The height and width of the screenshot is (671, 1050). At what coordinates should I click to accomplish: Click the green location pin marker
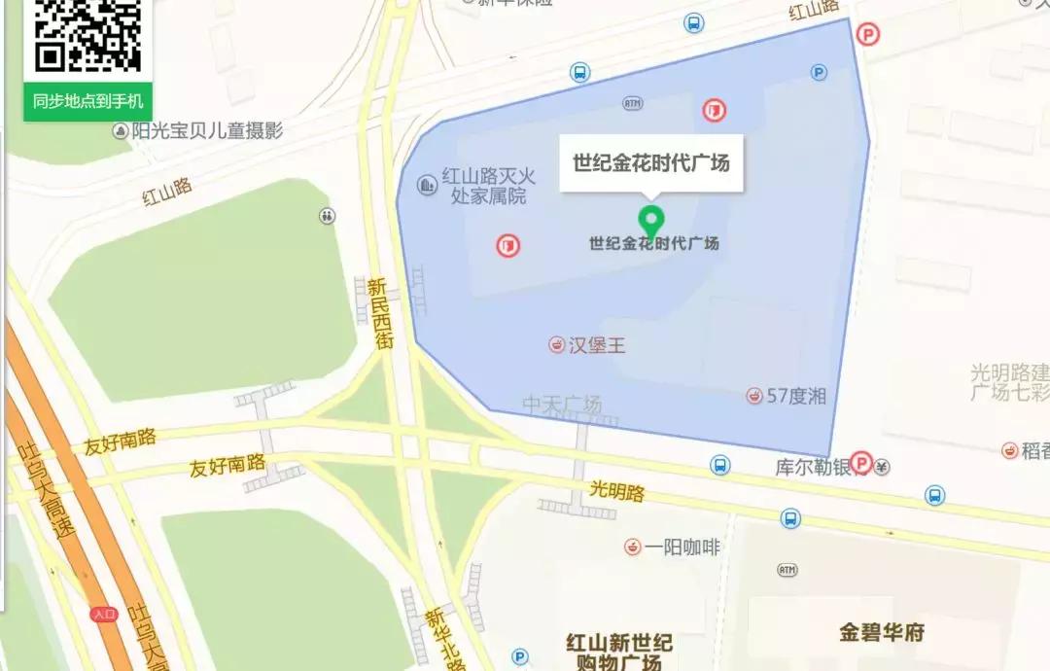tap(650, 221)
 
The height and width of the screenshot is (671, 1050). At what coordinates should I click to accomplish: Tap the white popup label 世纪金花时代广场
tap(650, 162)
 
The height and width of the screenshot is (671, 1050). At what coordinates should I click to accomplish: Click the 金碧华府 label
tap(882, 632)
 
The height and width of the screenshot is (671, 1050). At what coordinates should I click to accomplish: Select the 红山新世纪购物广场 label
tap(619, 653)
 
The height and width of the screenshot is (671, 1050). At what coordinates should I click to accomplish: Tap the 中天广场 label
tap(562, 404)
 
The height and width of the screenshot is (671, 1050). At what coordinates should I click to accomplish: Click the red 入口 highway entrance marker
tap(103, 615)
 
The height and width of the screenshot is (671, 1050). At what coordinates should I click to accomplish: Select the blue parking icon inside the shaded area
tap(819, 72)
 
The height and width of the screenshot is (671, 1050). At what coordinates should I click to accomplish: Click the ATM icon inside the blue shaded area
tap(633, 103)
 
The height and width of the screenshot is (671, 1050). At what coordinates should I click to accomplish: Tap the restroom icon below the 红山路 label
tap(327, 216)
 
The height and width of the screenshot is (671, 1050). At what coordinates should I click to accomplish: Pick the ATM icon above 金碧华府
tap(787, 569)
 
